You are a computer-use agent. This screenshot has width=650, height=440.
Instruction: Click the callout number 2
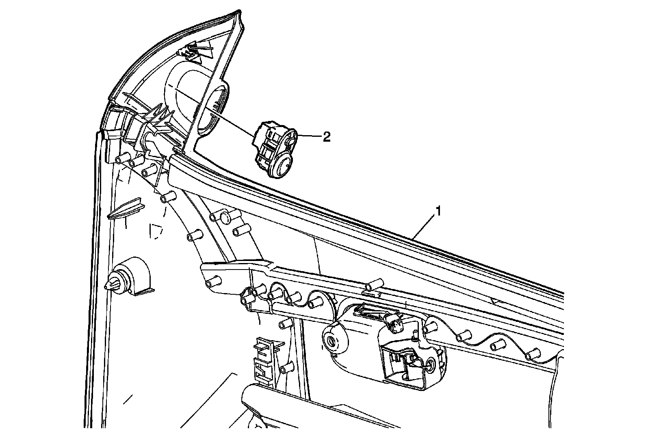(x=326, y=137)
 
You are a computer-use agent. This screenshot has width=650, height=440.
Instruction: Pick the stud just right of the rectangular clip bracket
(x=286, y=368)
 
